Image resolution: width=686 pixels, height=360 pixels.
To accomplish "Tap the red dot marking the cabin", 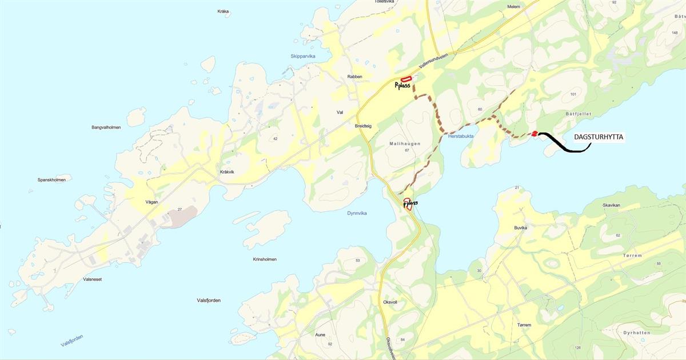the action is [535, 134].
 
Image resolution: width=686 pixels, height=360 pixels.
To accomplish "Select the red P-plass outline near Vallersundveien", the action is [406, 79].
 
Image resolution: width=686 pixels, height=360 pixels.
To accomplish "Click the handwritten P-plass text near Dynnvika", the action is [410, 203].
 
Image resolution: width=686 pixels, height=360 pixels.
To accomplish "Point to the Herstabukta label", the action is [461, 136].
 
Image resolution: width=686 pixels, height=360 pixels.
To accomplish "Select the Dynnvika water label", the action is [357, 213].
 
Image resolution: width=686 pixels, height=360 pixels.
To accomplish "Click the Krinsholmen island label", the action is [265, 259].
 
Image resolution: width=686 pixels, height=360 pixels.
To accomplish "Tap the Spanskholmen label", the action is [51, 180].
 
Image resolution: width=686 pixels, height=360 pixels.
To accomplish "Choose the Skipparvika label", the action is [303, 56].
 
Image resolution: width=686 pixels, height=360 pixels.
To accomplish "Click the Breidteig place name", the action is [364, 126].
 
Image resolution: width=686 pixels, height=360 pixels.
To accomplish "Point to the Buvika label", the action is [520, 227].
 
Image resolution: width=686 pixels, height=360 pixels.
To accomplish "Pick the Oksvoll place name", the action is [390, 302].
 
